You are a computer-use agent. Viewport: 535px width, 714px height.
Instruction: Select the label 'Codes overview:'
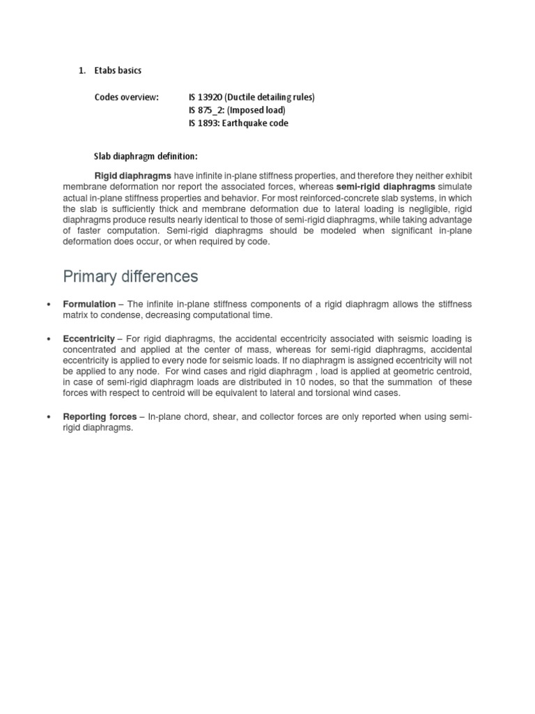pyautogui.click(x=127, y=97)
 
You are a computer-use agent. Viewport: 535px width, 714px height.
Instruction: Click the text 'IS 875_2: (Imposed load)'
pyautogui.click(x=237, y=110)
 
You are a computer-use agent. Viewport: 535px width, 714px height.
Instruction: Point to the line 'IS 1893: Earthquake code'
pyautogui.click(x=238, y=123)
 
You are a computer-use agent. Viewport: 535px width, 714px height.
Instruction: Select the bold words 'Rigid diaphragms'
pyautogui.click(x=132, y=176)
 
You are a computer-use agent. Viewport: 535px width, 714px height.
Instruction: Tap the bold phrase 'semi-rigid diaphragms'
pyautogui.click(x=386, y=187)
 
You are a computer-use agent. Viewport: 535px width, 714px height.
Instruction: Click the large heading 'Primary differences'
pyautogui.click(x=130, y=277)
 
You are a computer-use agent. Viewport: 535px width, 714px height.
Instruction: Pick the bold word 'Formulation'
pyautogui.click(x=89, y=305)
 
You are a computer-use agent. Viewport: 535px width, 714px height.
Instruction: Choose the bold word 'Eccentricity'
pyautogui.click(x=88, y=338)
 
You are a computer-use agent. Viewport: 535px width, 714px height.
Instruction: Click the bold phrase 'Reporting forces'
pyautogui.click(x=100, y=417)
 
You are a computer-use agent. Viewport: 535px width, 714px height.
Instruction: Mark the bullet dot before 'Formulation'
pyautogui.click(x=47, y=305)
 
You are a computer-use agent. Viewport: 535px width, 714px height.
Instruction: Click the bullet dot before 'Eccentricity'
pyautogui.click(x=47, y=338)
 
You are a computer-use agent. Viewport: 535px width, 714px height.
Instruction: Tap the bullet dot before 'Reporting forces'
pyautogui.click(x=47, y=417)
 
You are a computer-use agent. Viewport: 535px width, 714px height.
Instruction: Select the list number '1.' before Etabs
pyautogui.click(x=82, y=70)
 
